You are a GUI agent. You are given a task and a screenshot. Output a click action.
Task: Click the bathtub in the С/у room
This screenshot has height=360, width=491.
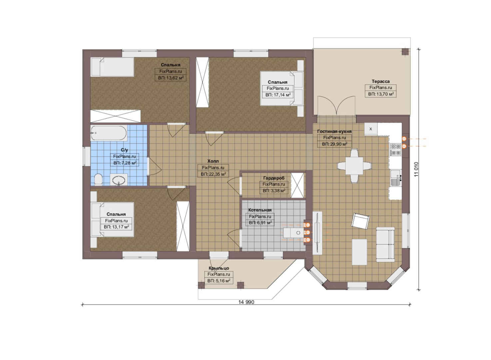(109, 133)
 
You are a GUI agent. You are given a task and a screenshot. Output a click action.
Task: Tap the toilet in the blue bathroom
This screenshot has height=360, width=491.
(98, 179)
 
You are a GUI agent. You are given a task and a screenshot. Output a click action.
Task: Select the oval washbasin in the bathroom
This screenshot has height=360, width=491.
(119, 180)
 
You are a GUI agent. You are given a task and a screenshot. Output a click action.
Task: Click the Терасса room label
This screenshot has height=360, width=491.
(380, 81)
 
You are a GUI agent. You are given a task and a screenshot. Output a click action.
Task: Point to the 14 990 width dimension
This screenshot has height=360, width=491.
(246, 302)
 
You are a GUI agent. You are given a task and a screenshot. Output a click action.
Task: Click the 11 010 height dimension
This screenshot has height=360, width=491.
(416, 169)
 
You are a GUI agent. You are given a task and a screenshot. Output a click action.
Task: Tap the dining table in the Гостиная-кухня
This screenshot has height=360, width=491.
(354, 166)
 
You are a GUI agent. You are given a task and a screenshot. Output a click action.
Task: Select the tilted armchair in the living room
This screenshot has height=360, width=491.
(360, 221)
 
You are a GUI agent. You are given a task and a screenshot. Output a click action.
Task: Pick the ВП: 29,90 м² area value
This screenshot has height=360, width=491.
(334, 144)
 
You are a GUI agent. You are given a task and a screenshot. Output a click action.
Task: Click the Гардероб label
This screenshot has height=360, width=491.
(274, 178)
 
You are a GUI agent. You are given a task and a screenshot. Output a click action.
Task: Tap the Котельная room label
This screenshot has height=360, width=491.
(260, 210)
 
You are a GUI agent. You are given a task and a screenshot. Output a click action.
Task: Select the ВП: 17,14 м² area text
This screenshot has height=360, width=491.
(278, 95)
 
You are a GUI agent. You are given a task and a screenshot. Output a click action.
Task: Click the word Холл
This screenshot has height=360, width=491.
(213, 161)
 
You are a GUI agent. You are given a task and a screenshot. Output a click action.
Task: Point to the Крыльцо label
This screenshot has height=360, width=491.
(219, 268)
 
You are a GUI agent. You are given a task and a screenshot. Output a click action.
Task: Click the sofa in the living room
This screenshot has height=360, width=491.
(385, 245)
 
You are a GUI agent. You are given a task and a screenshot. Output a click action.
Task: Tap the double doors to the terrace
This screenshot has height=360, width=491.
(336, 106)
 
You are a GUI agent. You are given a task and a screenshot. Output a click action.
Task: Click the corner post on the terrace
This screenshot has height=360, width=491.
(405, 52)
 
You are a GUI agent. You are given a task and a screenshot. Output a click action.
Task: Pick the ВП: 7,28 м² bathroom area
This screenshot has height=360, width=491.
(125, 163)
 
